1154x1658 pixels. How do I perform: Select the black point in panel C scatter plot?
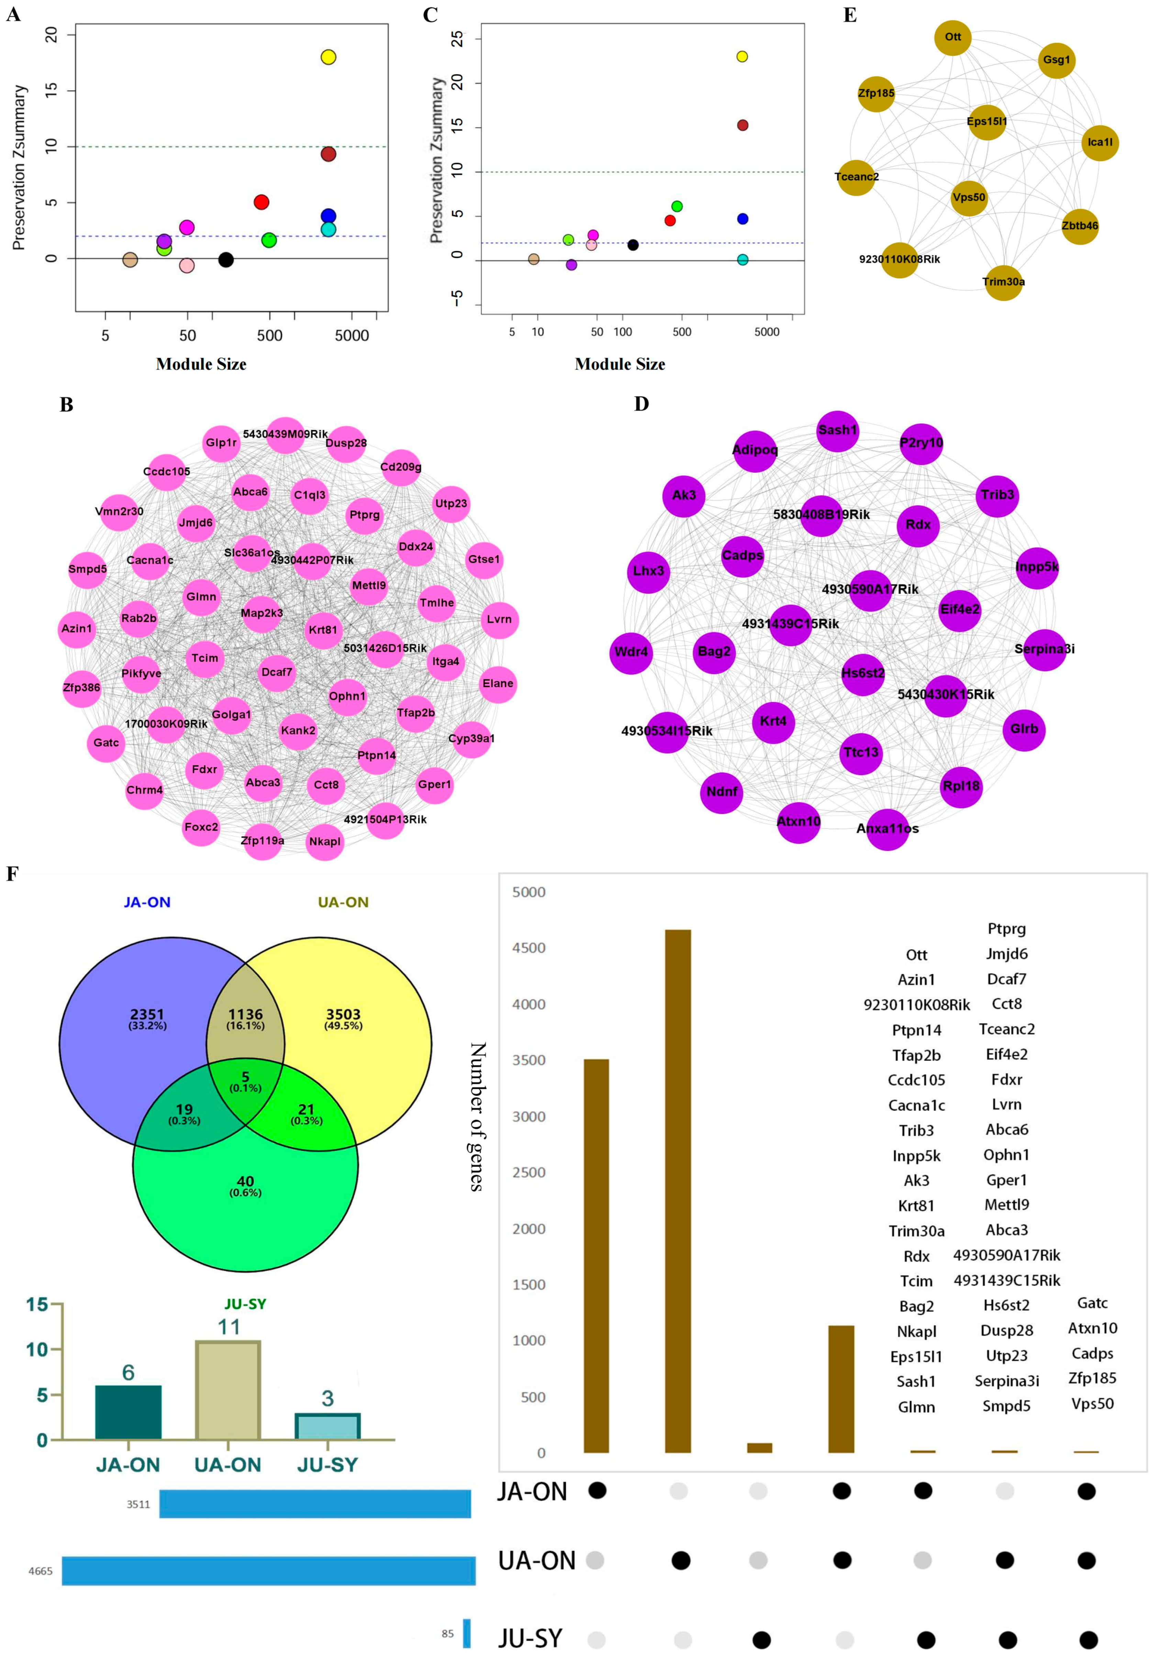tap(633, 245)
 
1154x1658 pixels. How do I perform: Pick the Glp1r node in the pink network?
tap(221, 443)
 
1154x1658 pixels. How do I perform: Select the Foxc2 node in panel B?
tap(201, 827)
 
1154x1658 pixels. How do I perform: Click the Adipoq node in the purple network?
tap(755, 450)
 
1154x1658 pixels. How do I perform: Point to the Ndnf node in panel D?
tap(722, 791)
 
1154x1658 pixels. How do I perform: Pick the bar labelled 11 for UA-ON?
tap(228, 1390)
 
